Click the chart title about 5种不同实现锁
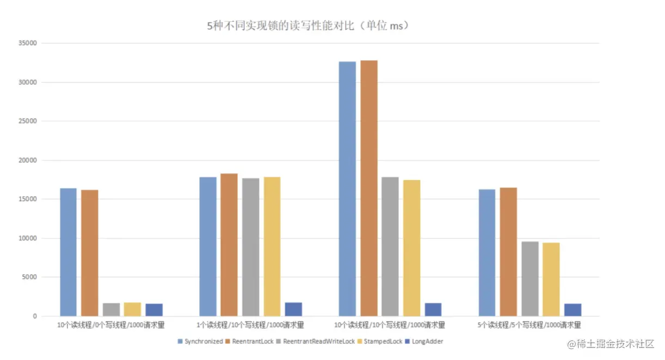(308, 26)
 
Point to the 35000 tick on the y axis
(27, 44)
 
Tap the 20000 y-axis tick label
(27, 160)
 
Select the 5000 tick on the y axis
(28, 277)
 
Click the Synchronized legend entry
(200, 342)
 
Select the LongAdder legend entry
(427, 342)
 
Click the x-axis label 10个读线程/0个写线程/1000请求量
(111, 325)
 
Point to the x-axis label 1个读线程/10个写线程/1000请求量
(251, 325)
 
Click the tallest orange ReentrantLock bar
(368, 188)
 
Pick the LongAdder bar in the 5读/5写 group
(572, 310)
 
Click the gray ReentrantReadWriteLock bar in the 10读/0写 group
(111, 309)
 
